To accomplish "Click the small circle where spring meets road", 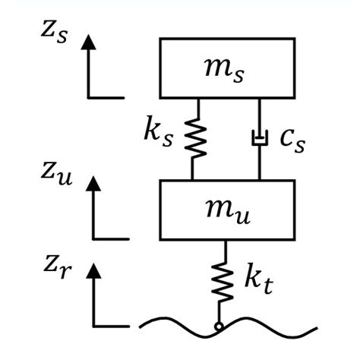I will tap(220, 327).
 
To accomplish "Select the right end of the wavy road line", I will tap(313, 331).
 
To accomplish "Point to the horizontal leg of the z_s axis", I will tap(106, 97).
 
